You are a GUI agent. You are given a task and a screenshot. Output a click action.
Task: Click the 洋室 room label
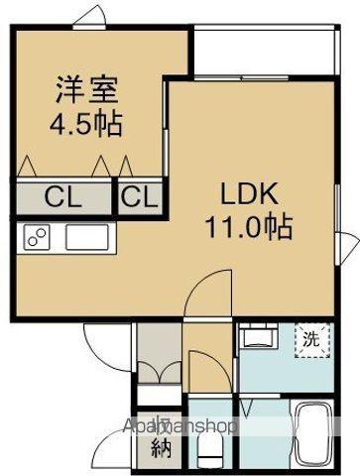tap(86, 90)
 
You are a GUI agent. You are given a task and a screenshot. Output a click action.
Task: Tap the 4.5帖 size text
tap(86, 125)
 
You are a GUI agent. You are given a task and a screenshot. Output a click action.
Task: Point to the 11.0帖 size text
tap(248, 227)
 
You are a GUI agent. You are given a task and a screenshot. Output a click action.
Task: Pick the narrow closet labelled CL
tap(139, 195)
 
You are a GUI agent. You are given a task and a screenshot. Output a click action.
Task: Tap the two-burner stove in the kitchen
tap(38, 238)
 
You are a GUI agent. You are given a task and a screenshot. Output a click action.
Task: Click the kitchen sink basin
tap(87, 238)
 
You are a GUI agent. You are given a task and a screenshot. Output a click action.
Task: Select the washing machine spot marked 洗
tap(310, 338)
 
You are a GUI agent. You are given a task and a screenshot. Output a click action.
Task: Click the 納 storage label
tap(160, 447)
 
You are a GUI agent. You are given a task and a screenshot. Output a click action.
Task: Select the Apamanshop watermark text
tap(179, 426)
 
